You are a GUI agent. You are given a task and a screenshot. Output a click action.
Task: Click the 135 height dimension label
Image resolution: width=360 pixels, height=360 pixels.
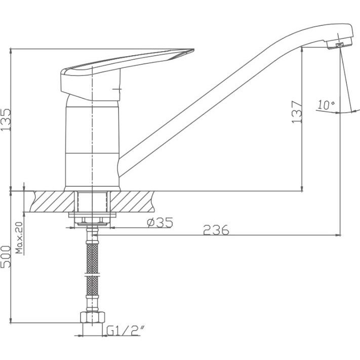(x=6, y=119)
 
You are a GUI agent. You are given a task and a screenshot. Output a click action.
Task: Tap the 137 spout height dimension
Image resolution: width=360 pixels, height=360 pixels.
(x=297, y=111)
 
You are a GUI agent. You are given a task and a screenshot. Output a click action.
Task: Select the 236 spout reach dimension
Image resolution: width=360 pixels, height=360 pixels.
(x=216, y=230)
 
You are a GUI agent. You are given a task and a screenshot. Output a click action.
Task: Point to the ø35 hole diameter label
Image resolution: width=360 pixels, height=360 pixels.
(x=160, y=222)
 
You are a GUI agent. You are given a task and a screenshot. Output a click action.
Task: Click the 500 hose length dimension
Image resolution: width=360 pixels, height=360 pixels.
(x=6, y=256)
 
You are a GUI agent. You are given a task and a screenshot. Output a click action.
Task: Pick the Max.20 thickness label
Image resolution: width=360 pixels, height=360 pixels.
(x=20, y=237)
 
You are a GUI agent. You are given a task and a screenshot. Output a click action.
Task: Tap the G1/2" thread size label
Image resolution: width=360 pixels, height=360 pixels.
(x=126, y=331)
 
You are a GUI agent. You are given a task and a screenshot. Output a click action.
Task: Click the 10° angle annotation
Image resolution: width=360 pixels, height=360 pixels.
(x=326, y=105)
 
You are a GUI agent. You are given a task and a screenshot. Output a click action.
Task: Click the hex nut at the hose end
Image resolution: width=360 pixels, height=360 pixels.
(x=93, y=317)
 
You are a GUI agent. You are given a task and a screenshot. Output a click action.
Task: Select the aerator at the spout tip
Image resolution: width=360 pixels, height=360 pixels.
(x=339, y=45)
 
